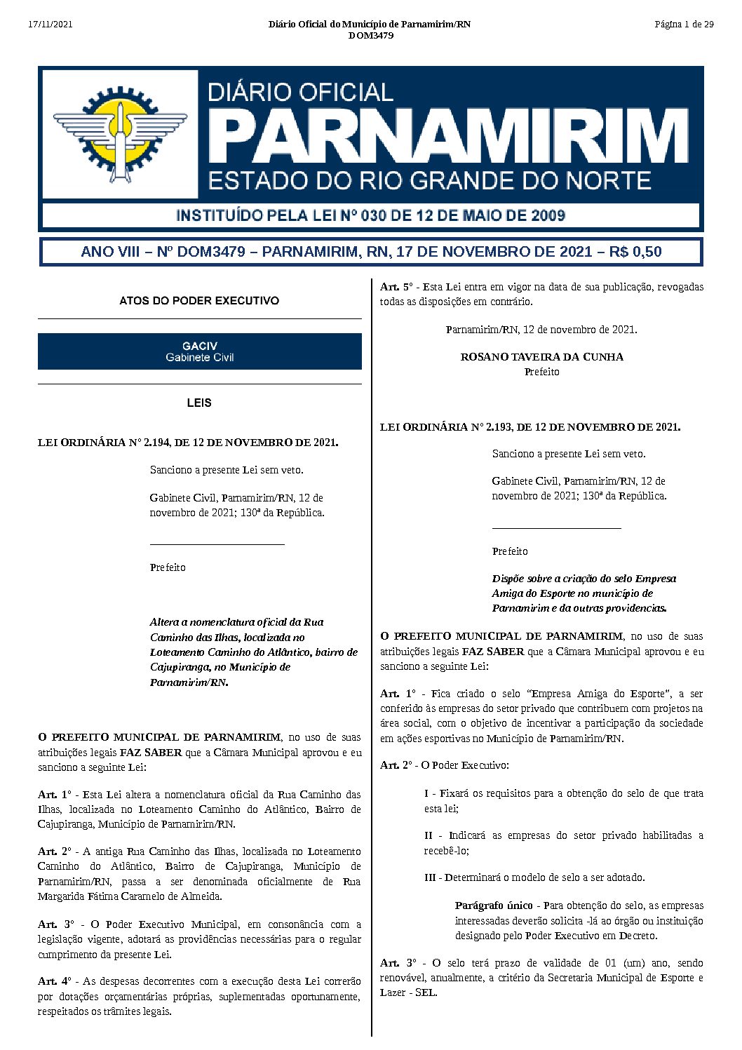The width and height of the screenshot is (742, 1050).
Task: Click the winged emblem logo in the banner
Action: [x=120, y=133]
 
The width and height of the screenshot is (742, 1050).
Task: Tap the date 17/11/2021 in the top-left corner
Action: [x=50, y=25]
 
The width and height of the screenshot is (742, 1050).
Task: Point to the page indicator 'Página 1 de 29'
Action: [x=684, y=25]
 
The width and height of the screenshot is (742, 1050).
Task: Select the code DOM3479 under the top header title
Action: [x=370, y=36]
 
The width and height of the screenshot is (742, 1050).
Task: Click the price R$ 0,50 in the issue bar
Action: [x=635, y=252]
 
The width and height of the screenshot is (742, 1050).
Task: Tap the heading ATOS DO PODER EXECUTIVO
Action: [x=199, y=301]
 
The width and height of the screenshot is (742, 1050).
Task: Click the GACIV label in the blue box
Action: [x=199, y=346]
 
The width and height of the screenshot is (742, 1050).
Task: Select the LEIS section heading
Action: [x=199, y=403]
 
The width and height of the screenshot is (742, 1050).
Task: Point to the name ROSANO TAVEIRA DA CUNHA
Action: [x=541, y=357]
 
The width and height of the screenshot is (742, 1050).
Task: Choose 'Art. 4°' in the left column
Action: [x=55, y=981]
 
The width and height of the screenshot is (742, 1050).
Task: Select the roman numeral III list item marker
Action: [x=430, y=877]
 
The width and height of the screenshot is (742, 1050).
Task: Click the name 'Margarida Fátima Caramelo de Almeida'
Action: [x=130, y=896]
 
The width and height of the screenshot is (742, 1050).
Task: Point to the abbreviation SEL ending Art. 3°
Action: [x=425, y=992]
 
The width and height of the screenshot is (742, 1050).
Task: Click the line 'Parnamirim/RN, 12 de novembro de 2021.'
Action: [x=541, y=330]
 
